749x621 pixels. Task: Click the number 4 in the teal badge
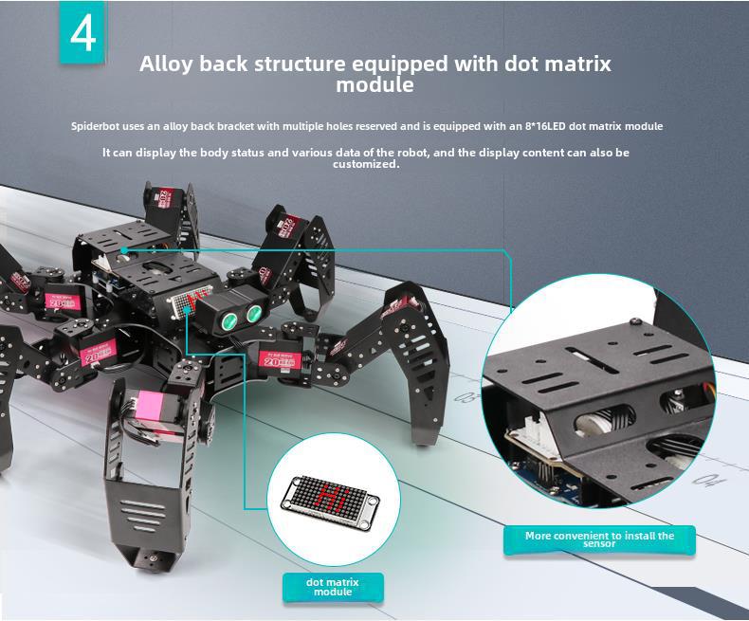pos(83,33)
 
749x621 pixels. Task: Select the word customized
pos(366,164)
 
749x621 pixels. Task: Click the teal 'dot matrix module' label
pos(333,587)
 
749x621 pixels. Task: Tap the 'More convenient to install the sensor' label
pos(599,539)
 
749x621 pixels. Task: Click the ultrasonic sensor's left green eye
pos(231,319)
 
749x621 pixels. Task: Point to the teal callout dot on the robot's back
pos(124,250)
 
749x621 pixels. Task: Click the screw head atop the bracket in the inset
pos(634,322)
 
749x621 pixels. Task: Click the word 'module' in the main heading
pos(374,85)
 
